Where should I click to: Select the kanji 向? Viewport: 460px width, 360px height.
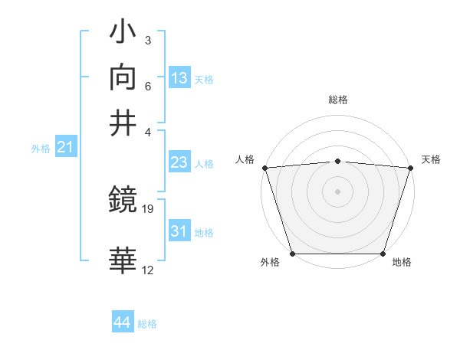tap(123, 77)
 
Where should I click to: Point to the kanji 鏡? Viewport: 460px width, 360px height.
tap(123, 200)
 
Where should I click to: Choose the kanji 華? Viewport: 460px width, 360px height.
tap(123, 260)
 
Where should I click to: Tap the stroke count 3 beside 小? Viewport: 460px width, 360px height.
tap(147, 40)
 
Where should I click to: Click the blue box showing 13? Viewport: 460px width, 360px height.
tap(179, 77)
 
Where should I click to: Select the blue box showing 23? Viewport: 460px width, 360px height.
tap(179, 162)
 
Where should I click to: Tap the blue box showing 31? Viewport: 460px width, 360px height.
tap(179, 231)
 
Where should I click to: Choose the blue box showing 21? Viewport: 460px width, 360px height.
tap(65, 147)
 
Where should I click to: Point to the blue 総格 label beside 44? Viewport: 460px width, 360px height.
tap(147, 324)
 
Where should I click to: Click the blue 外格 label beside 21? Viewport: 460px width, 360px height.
tap(41, 149)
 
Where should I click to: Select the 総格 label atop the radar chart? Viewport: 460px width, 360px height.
tap(337, 100)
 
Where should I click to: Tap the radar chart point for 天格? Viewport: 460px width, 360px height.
tap(410, 168)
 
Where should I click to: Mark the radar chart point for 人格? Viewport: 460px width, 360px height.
tap(265, 168)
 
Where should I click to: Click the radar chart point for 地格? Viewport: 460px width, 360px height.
tap(383, 254)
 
